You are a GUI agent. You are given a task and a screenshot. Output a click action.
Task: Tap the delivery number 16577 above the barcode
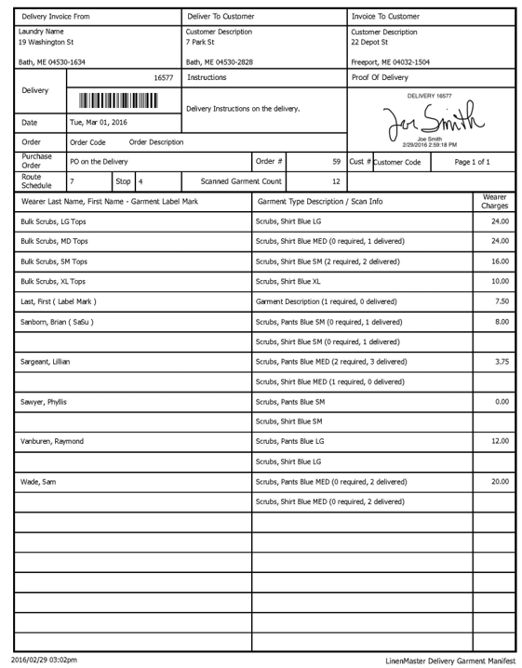(x=164, y=78)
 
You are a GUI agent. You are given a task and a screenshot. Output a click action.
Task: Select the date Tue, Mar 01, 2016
(x=99, y=123)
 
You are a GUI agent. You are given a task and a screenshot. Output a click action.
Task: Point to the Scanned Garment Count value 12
(x=336, y=181)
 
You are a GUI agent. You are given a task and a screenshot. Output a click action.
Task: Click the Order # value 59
(x=336, y=162)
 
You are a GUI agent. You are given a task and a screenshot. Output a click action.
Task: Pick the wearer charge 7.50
(x=502, y=301)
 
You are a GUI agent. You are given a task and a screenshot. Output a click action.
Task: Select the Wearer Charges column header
(x=495, y=201)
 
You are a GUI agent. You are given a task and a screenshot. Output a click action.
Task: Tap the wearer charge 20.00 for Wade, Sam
(x=500, y=482)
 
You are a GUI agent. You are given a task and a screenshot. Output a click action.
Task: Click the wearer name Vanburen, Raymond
(x=52, y=441)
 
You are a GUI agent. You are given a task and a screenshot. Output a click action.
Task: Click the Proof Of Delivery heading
(x=380, y=78)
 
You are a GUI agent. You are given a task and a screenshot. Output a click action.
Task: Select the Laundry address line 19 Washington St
(x=47, y=43)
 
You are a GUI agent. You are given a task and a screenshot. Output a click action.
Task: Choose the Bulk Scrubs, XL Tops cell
(x=53, y=281)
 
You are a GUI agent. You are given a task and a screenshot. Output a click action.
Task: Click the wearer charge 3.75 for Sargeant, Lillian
(x=502, y=362)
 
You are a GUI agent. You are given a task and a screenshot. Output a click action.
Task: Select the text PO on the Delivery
(x=99, y=162)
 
